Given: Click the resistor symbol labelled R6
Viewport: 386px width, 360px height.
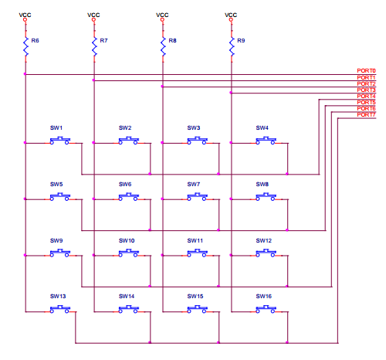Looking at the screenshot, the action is click(25, 46).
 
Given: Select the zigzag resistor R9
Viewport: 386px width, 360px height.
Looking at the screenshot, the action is click(232, 46).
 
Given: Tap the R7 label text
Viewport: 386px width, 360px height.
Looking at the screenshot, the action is click(103, 40).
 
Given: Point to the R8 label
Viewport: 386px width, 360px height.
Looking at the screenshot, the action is click(172, 40).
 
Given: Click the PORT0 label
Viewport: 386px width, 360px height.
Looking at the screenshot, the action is click(366, 70).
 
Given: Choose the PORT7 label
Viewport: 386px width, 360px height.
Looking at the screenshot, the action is click(366, 114).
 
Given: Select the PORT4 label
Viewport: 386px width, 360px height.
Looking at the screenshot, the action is click(366, 96).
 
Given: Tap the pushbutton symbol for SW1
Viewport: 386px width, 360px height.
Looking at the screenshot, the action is click(60, 141).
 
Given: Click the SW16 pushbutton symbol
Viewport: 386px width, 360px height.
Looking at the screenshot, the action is click(266, 309).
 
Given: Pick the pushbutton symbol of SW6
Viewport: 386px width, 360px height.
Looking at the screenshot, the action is click(129, 197).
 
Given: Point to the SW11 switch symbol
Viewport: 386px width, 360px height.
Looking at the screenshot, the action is click(197, 253).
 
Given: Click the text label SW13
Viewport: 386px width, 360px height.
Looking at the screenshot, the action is click(58, 296).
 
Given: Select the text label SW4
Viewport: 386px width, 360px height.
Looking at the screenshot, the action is click(262, 127).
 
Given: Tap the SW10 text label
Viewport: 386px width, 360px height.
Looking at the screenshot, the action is click(127, 240).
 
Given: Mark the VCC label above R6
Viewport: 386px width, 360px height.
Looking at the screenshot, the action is click(25, 15).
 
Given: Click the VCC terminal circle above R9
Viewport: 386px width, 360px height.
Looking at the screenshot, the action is click(231, 19).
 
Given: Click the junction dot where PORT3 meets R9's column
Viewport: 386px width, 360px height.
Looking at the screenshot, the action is click(231, 93).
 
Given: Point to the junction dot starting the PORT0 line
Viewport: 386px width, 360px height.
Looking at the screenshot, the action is click(25, 74).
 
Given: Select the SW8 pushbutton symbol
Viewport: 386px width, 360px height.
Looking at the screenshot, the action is click(266, 197).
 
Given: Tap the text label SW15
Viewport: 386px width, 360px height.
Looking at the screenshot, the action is click(195, 296).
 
